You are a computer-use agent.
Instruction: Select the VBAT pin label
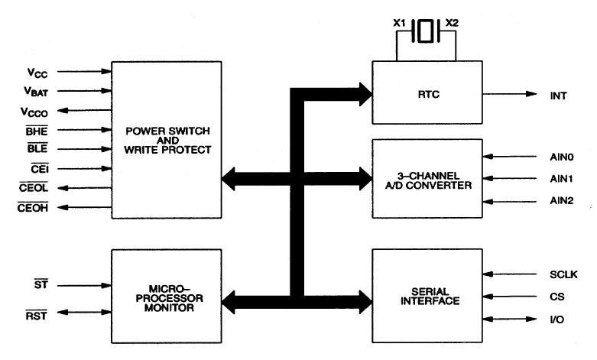[x=36, y=92]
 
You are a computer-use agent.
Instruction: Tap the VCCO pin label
[x=35, y=112]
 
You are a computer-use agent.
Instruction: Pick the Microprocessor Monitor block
[x=165, y=297]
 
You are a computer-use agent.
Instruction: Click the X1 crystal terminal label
[x=399, y=23]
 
